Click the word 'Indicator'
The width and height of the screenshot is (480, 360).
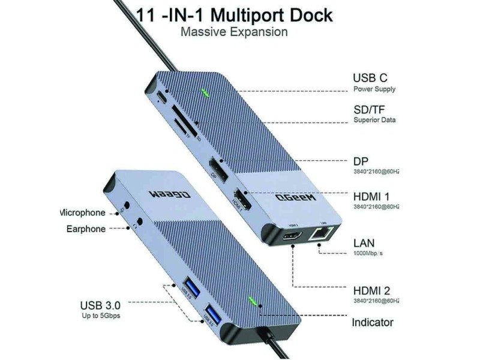(373, 322)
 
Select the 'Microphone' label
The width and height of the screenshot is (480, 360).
(83, 212)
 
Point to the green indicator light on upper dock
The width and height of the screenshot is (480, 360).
(207, 93)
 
